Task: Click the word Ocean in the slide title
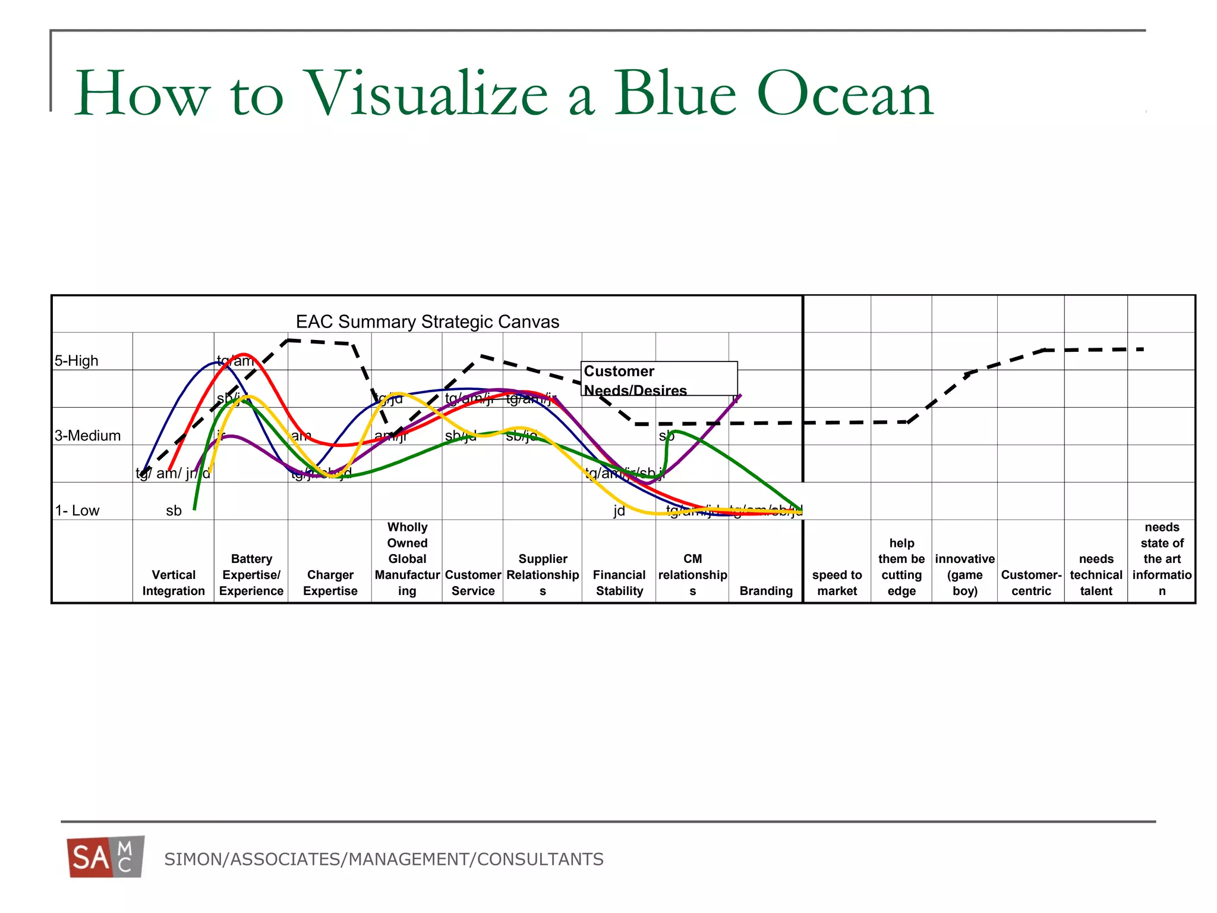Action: [844, 94]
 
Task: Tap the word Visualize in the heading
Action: [425, 94]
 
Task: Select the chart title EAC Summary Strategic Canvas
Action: [427, 322]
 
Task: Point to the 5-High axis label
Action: [77, 361]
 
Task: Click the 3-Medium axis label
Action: [87, 436]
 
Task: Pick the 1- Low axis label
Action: [77, 511]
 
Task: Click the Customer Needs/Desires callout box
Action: [658, 379]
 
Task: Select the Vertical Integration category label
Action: [174, 583]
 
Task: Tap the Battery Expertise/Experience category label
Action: [251, 575]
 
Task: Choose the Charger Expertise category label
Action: [330, 583]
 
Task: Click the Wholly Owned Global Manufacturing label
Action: [407, 559]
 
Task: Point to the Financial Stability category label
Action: [619, 583]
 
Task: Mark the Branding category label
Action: [766, 591]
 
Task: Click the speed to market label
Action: [837, 583]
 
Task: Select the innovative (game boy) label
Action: [964, 575]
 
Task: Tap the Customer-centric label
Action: [1031, 583]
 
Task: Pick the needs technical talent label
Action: [1096, 575]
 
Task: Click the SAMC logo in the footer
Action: [106, 857]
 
